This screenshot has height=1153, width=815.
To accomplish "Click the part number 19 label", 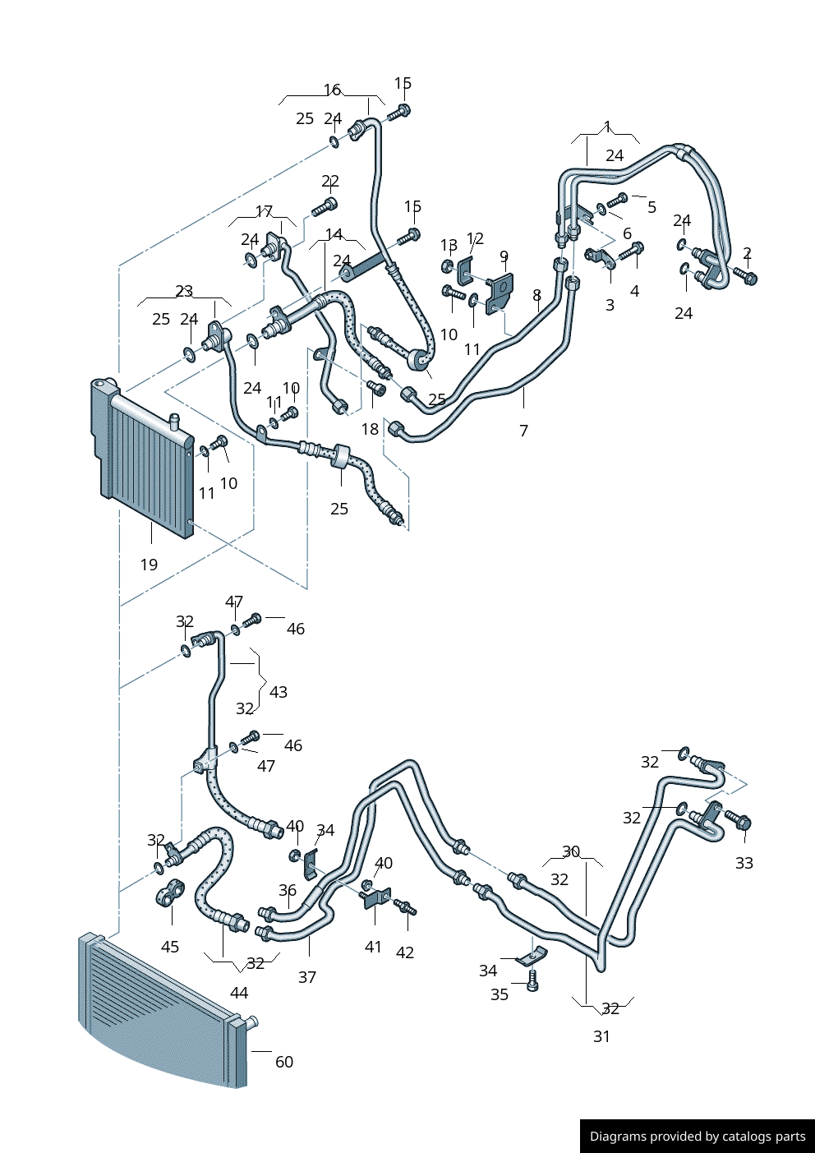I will pyautogui.click(x=149, y=565).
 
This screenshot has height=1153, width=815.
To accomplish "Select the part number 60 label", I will pyautogui.click(x=284, y=1062).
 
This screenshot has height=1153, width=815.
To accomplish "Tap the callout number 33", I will pyautogui.click(x=744, y=863).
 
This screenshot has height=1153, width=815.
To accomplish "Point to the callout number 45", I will pyautogui.click(x=170, y=947).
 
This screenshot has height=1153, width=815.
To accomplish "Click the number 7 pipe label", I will pyautogui.click(x=524, y=430).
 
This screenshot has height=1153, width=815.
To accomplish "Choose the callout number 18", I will pyautogui.click(x=371, y=429).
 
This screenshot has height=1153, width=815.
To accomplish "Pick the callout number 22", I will pyautogui.click(x=330, y=181).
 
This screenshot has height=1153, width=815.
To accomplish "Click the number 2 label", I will pyautogui.click(x=747, y=253).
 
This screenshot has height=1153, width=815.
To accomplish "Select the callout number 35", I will pyautogui.click(x=500, y=994).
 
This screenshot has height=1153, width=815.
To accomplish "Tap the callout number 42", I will pyautogui.click(x=405, y=952).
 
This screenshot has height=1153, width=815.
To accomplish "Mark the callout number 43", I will pyautogui.click(x=279, y=692).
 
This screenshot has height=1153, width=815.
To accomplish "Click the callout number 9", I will pyautogui.click(x=504, y=256).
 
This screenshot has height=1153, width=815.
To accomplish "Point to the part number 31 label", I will pyautogui.click(x=602, y=1036).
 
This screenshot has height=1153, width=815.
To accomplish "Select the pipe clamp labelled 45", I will pyautogui.click(x=170, y=893).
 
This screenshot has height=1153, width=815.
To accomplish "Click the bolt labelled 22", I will pyautogui.click(x=325, y=206).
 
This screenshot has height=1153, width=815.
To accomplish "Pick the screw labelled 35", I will pyautogui.click(x=532, y=980).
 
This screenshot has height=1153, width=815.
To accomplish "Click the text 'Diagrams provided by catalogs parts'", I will pyautogui.click(x=698, y=1137).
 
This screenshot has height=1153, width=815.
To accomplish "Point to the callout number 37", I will pyautogui.click(x=307, y=977).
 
